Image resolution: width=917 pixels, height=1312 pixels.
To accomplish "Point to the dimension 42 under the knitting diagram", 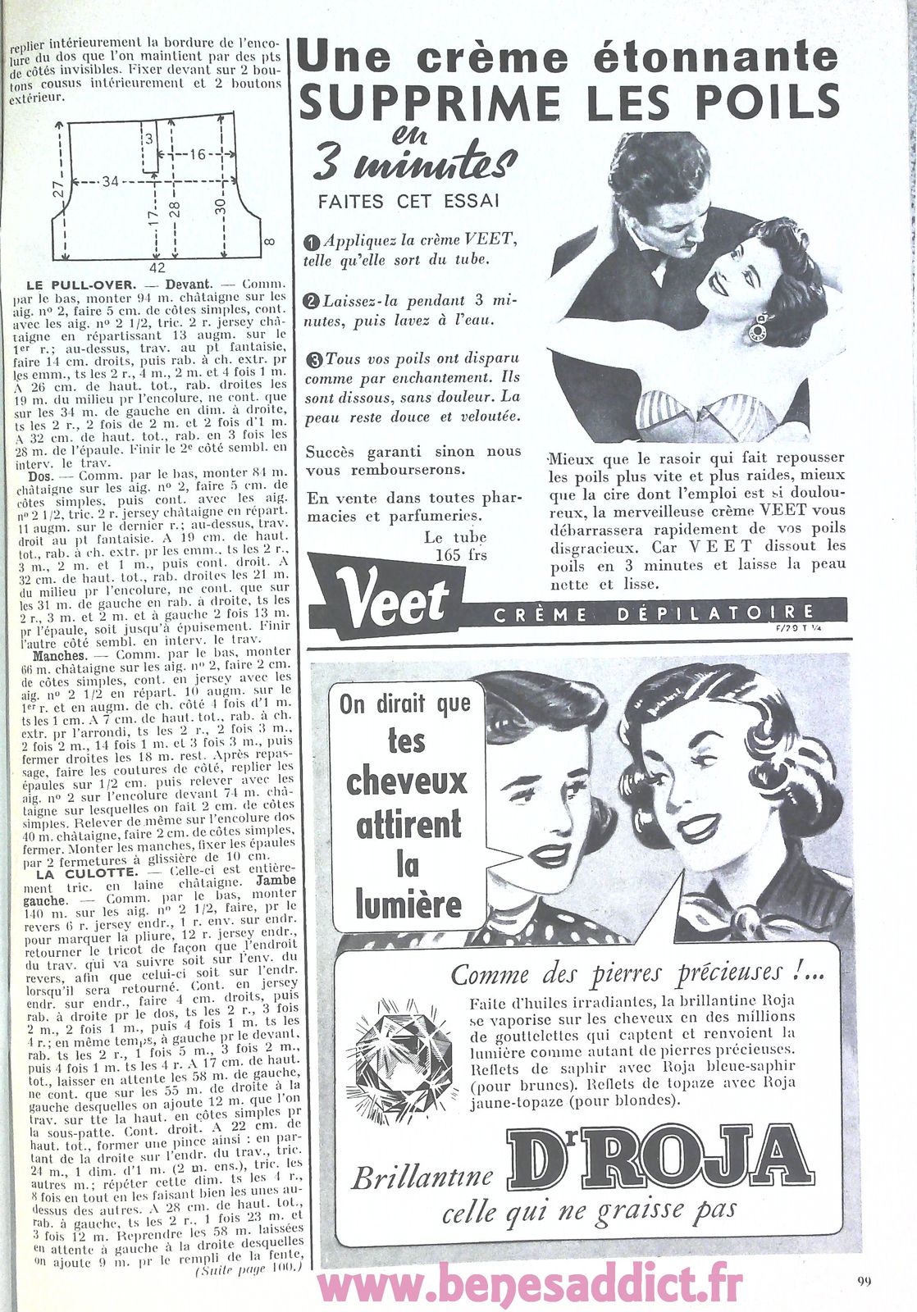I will click(157, 268).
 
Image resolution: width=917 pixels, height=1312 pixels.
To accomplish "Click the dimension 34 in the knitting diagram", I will click(110, 181).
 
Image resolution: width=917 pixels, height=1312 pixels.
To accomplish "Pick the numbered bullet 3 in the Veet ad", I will click(314, 359).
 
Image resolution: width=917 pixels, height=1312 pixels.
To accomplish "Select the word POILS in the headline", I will click(759, 102).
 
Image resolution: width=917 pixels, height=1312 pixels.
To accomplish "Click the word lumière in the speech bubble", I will click(408, 904).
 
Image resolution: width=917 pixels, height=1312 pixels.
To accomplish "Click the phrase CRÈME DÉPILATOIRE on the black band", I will click(654, 614).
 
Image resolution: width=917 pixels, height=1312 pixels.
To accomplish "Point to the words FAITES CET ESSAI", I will click(408, 202).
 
